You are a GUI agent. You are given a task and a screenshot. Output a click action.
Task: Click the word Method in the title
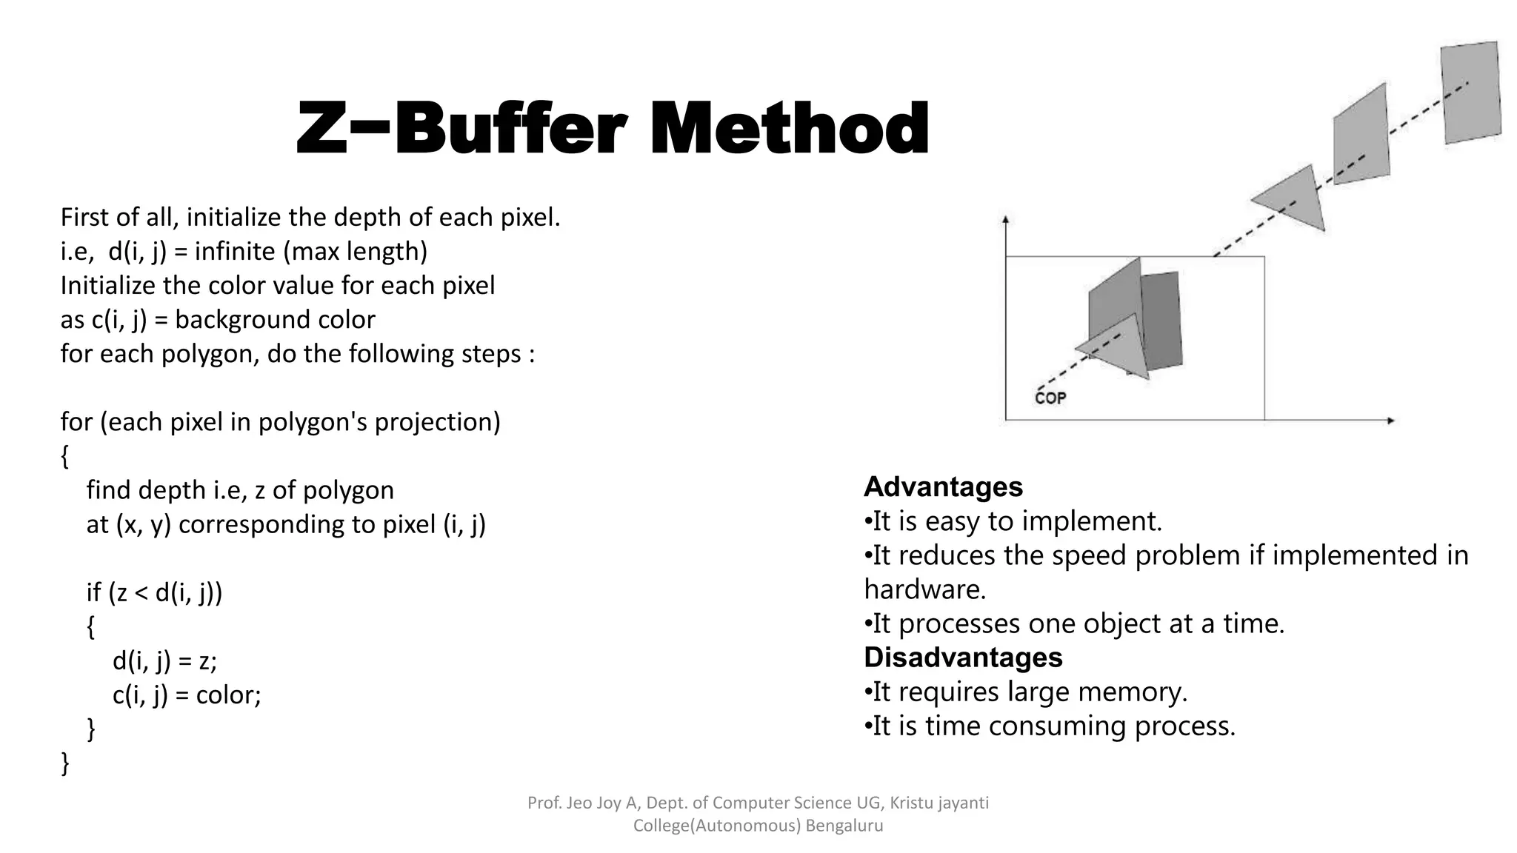point(790,130)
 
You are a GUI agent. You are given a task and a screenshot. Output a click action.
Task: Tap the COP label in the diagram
point(1050,398)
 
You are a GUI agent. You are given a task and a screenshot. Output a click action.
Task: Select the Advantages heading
point(943,487)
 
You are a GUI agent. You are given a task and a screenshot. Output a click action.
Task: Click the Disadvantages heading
point(963,658)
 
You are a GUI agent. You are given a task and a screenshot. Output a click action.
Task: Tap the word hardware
point(924,589)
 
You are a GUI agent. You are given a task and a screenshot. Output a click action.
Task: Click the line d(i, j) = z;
point(164,660)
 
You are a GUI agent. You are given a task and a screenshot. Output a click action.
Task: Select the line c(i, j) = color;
point(187,695)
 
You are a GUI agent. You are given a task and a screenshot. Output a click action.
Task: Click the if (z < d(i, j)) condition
point(154,592)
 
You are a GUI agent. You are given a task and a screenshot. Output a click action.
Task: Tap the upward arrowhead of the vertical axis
point(1005,219)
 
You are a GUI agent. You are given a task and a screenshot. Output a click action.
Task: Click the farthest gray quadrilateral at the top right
point(1471,93)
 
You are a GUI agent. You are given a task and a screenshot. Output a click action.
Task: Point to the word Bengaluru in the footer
point(844,826)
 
